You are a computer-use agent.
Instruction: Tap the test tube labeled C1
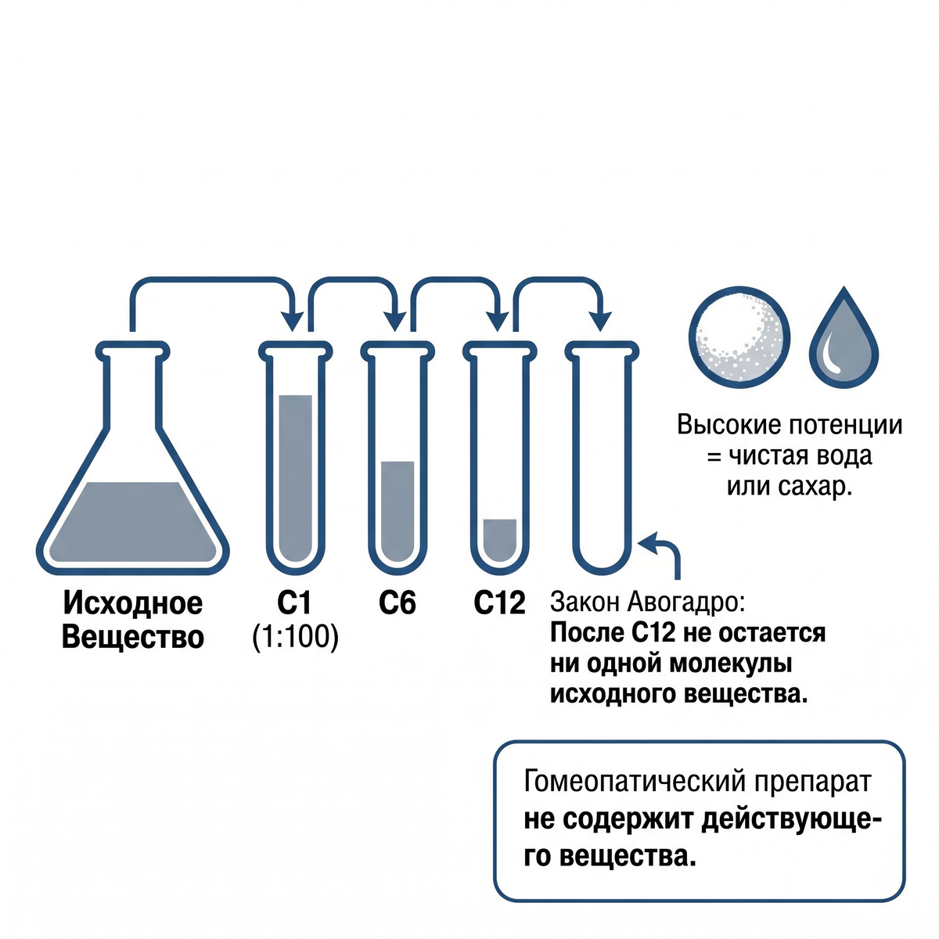[295, 458]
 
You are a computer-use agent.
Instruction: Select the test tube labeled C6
[398, 458]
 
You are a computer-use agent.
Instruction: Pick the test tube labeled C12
[500, 458]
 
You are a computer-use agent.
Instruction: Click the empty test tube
[603, 458]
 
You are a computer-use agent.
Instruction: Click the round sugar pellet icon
[739, 337]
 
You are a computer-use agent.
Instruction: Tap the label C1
[294, 603]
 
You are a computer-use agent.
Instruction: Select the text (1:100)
[295, 637]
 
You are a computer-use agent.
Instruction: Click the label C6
[398, 603]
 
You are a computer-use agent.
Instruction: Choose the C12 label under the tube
[499, 603]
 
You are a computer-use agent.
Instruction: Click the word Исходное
[132, 603]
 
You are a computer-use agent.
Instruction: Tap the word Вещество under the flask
[132, 637]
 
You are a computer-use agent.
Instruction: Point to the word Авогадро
[685, 603]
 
